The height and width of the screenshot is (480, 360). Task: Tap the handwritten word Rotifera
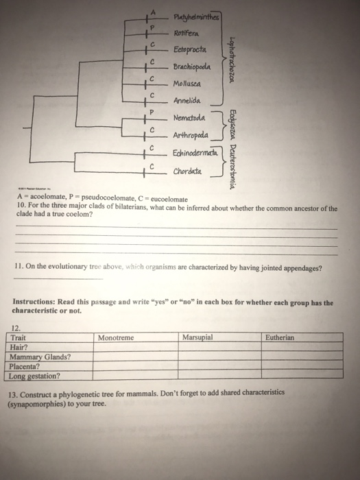coord(185,33)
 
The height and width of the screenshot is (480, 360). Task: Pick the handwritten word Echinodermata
coord(195,152)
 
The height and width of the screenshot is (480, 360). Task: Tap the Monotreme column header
coord(116,338)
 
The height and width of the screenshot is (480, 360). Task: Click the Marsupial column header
coord(198,338)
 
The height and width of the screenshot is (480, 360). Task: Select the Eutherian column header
coord(279,338)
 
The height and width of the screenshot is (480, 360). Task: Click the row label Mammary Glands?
coord(40,357)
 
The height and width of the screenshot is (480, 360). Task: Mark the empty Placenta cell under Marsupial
coord(221,366)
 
